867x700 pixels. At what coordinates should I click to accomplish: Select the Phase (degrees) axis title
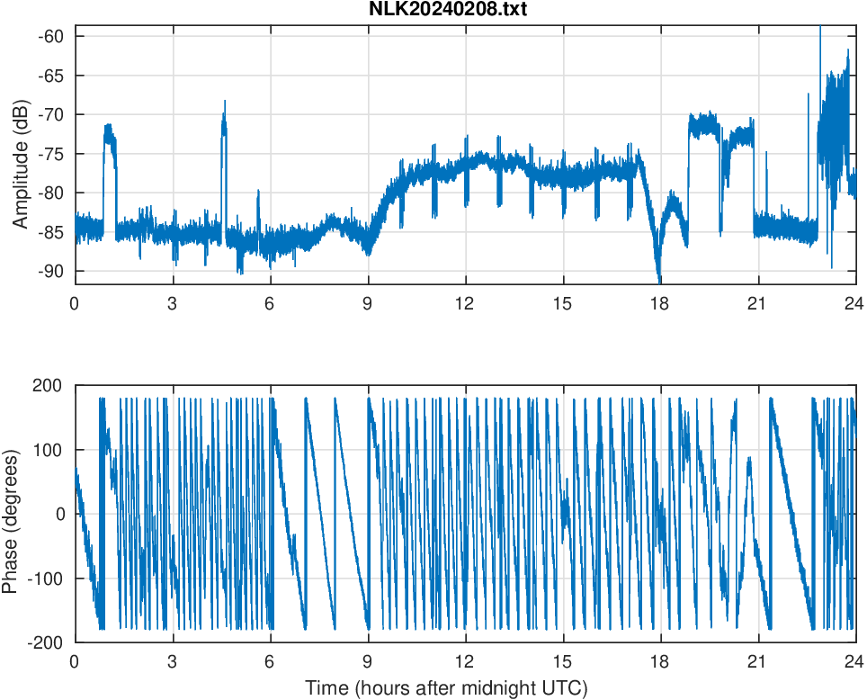(x=11, y=514)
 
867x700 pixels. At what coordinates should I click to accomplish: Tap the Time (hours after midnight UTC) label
(x=446, y=689)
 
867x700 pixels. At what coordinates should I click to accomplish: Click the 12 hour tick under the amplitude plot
(x=465, y=304)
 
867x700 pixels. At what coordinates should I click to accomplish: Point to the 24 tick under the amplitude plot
(x=855, y=304)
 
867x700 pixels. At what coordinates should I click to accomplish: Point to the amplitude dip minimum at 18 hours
(x=659, y=280)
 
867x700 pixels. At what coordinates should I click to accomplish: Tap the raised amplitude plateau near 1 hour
(x=110, y=135)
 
